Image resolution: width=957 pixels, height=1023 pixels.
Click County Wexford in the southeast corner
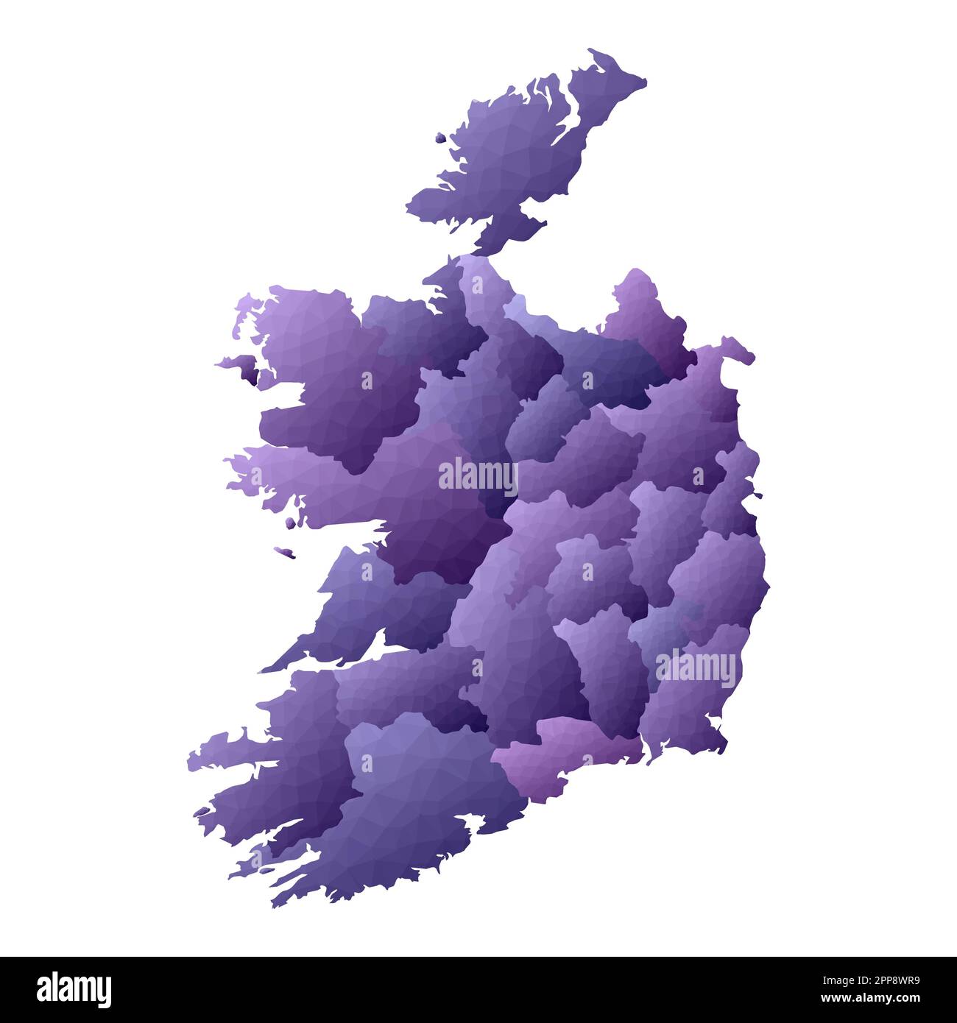pyautogui.click(x=685, y=707)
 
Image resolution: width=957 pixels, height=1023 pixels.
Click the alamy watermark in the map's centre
pyautogui.click(x=478, y=477)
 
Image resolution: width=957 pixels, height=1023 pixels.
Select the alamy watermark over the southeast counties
pyautogui.click(x=696, y=668)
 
